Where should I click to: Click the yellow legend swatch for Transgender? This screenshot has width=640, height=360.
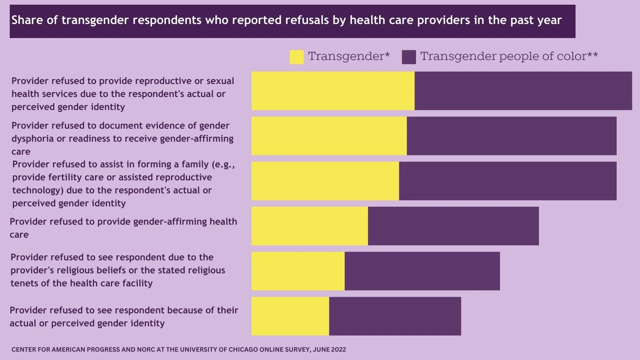[296, 57]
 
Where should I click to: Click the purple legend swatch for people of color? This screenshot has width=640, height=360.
[409, 57]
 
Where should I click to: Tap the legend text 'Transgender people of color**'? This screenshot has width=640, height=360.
[509, 56]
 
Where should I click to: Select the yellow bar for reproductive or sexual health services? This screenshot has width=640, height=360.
[333, 91]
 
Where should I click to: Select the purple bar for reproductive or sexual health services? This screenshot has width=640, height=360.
[523, 91]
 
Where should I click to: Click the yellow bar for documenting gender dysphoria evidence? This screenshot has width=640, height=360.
[329, 136]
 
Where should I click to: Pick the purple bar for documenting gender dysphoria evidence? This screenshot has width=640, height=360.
[511, 136]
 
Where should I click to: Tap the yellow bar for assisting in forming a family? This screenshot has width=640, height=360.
[325, 181]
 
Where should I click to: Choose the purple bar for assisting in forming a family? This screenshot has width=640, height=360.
[508, 181]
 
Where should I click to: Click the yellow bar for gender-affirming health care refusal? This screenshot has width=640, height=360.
[310, 226]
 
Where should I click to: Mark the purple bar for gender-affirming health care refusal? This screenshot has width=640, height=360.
[453, 226]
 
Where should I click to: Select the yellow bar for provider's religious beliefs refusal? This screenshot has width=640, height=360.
[298, 271]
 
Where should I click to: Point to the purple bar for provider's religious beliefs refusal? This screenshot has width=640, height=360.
[422, 271]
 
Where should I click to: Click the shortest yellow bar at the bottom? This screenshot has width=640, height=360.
[290, 316]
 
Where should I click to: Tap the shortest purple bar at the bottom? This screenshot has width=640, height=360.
[395, 316]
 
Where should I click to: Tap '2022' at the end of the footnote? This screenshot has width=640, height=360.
[339, 350]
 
